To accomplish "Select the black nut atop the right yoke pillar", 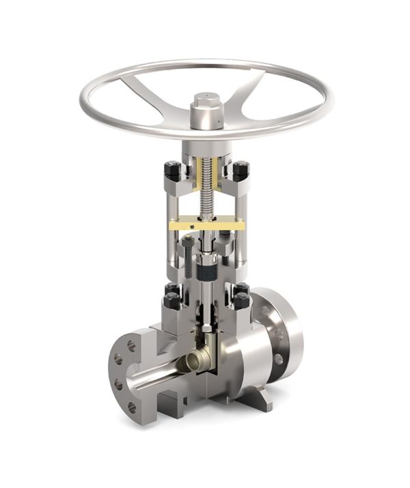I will [240, 169].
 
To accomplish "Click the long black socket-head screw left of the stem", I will [188, 259].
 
